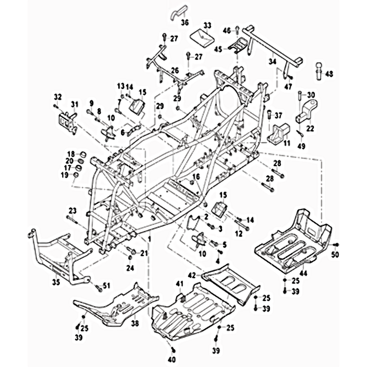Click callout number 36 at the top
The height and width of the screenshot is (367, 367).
pos(184,22)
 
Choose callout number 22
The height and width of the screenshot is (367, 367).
pos(310,128)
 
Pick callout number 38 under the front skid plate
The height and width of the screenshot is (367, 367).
pos(134,323)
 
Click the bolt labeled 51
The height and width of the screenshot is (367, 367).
pos(98,287)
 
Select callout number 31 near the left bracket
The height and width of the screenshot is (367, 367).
pos(74,105)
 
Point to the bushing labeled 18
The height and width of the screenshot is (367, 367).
pos(83,154)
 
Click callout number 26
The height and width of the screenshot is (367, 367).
pos(174,70)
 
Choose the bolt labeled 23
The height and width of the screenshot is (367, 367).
pos(75,218)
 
